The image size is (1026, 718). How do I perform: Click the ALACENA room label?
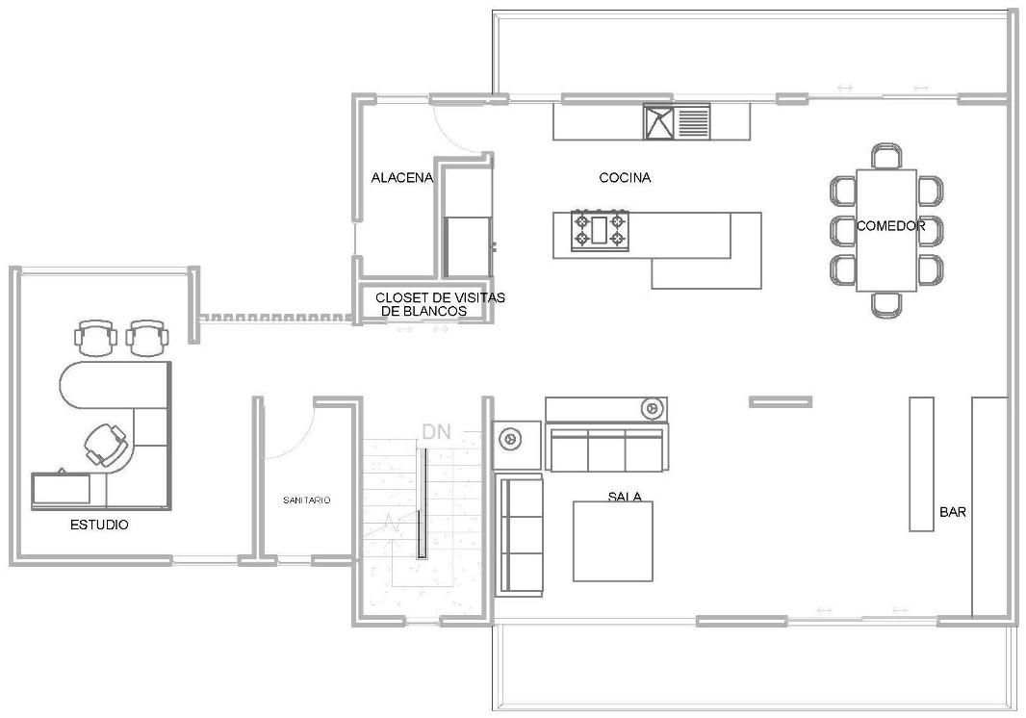(x=402, y=178)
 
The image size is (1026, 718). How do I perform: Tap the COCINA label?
(x=625, y=178)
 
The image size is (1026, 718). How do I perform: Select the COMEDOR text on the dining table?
(x=890, y=227)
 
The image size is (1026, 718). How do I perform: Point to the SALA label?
(x=625, y=498)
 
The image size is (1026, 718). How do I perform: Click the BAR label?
(x=952, y=513)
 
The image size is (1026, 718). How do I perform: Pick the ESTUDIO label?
(x=99, y=526)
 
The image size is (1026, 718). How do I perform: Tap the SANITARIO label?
(x=307, y=500)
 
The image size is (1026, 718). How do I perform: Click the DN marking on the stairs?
(x=435, y=432)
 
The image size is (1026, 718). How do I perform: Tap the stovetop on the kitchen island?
(x=601, y=231)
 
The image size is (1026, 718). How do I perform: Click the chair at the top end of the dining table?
(x=886, y=156)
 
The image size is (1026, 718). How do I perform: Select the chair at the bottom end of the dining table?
(x=886, y=304)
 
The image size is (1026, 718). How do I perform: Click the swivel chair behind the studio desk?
(x=106, y=445)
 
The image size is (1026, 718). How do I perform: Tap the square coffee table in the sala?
(x=614, y=541)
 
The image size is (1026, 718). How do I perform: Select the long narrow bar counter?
(x=921, y=463)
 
